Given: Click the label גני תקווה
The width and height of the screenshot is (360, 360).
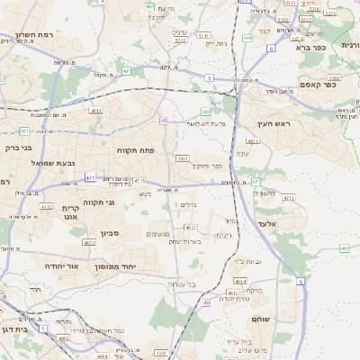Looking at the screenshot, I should pyautogui.click(x=100, y=202).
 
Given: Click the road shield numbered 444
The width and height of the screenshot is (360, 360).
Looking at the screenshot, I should pyautogui.click(x=247, y=39).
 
